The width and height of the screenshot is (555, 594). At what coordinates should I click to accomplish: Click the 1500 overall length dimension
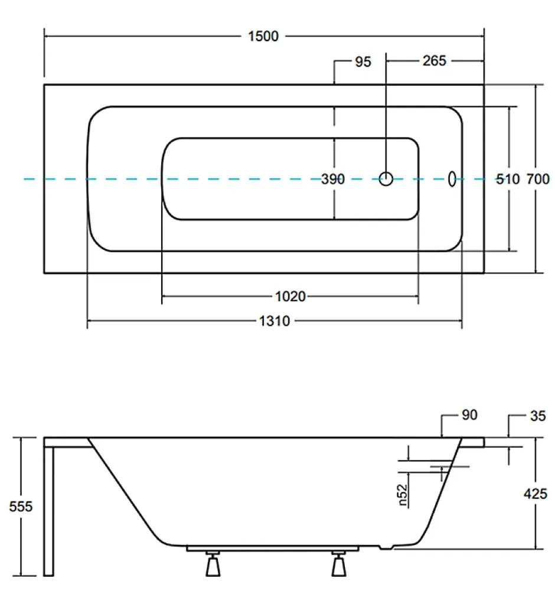pyautogui.click(x=263, y=37)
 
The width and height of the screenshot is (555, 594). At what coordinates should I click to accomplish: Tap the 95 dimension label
pyautogui.click(x=363, y=62)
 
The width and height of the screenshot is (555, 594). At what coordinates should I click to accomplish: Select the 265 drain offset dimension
pyautogui.click(x=435, y=61)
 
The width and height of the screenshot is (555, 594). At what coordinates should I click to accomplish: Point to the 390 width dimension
pyautogui.click(x=333, y=179)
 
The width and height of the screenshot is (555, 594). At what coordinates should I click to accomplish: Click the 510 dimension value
pyautogui.click(x=508, y=179)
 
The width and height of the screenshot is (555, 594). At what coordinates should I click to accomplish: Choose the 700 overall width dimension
pyautogui.click(x=538, y=179)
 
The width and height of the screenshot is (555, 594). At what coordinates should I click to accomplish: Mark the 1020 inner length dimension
pyautogui.click(x=290, y=296)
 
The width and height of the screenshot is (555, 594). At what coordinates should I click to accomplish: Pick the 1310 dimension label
pyautogui.click(x=275, y=321)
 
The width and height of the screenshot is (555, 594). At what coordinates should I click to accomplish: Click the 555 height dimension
pyautogui.click(x=21, y=507)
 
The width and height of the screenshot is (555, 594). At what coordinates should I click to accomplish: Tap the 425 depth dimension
pyautogui.click(x=536, y=494)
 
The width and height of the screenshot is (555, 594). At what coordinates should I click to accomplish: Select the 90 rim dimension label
pyautogui.click(x=470, y=415)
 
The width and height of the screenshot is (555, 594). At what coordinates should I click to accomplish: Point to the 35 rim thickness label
pyautogui.click(x=538, y=416)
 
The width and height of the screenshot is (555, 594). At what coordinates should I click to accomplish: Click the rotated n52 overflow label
pyautogui.click(x=403, y=495)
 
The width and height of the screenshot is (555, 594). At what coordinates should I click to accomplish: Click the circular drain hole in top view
pyautogui.click(x=386, y=179)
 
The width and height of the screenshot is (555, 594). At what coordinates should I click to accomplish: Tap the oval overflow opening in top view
pyautogui.click(x=452, y=179)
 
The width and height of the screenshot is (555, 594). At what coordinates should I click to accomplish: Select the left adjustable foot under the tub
pyautogui.click(x=213, y=564)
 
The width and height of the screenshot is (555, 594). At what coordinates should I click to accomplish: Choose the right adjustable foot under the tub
pyautogui.click(x=339, y=564)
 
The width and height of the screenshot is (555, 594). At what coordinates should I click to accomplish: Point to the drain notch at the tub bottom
pyautogui.click(x=386, y=547)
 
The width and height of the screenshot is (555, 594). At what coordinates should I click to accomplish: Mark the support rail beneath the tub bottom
pyautogui.click(x=273, y=549)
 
